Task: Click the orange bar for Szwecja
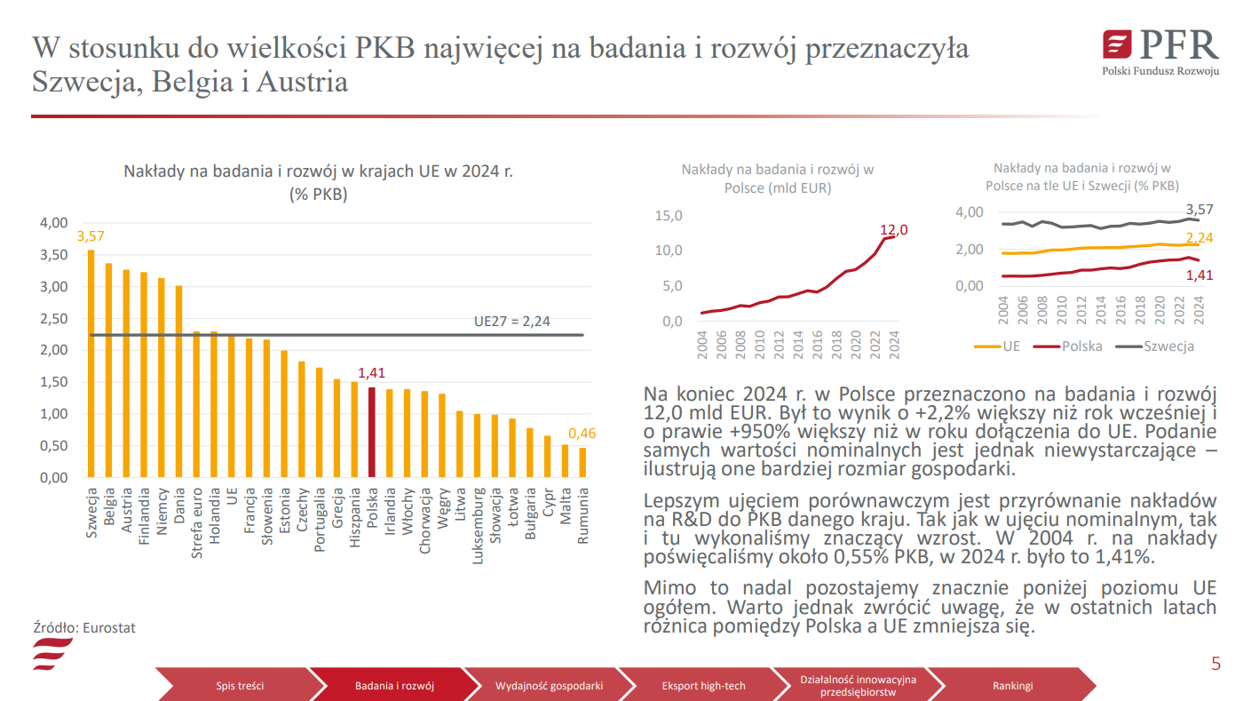click(91, 364)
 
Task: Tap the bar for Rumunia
click(582, 462)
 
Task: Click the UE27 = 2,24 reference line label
click(512, 322)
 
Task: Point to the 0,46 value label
click(582, 434)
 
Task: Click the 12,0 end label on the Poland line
click(893, 230)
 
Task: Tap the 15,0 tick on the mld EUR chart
click(668, 216)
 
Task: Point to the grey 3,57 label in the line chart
click(1199, 210)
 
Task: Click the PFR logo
click(1160, 50)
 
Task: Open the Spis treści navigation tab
click(240, 686)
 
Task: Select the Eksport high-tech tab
click(703, 686)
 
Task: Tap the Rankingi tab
click(1012, 686)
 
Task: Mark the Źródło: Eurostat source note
click(83, 627)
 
